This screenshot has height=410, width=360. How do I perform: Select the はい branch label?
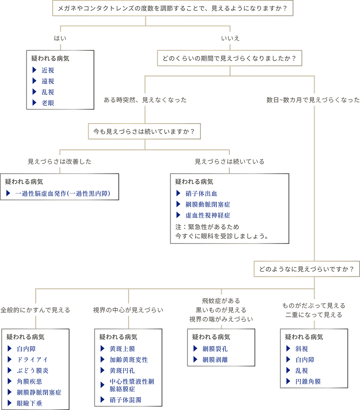[x=60, y=38]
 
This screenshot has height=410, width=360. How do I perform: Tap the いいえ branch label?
[x=230, y=38]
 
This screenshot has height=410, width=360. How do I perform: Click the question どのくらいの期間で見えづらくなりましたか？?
[x=229, y=58]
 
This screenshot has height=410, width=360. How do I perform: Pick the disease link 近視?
[x=48, y=71]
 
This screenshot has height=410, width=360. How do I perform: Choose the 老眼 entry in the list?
[x=48, y=103]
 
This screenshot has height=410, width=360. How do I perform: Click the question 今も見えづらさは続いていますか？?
[x=144, y=132]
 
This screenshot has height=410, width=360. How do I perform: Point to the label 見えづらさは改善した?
[x=60, y=161]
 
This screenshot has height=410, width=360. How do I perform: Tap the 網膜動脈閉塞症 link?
[x=208, y=205]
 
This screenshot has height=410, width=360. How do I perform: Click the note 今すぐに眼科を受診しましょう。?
[x=221, y=237]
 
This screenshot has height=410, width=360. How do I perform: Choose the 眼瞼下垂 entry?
[x=30, y=404]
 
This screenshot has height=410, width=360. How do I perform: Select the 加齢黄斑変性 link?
[x=129, y=360]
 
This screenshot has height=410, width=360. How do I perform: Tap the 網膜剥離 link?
[x=215, y=360]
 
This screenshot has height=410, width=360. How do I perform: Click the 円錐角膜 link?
[x=308, y=381]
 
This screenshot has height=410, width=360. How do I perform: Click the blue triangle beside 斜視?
[x=288, y=348]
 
